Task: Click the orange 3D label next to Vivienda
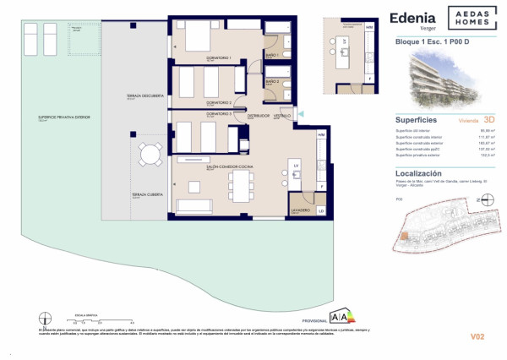[485, 121]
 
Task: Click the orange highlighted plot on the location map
[405, 237]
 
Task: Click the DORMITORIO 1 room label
[219, 58]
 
